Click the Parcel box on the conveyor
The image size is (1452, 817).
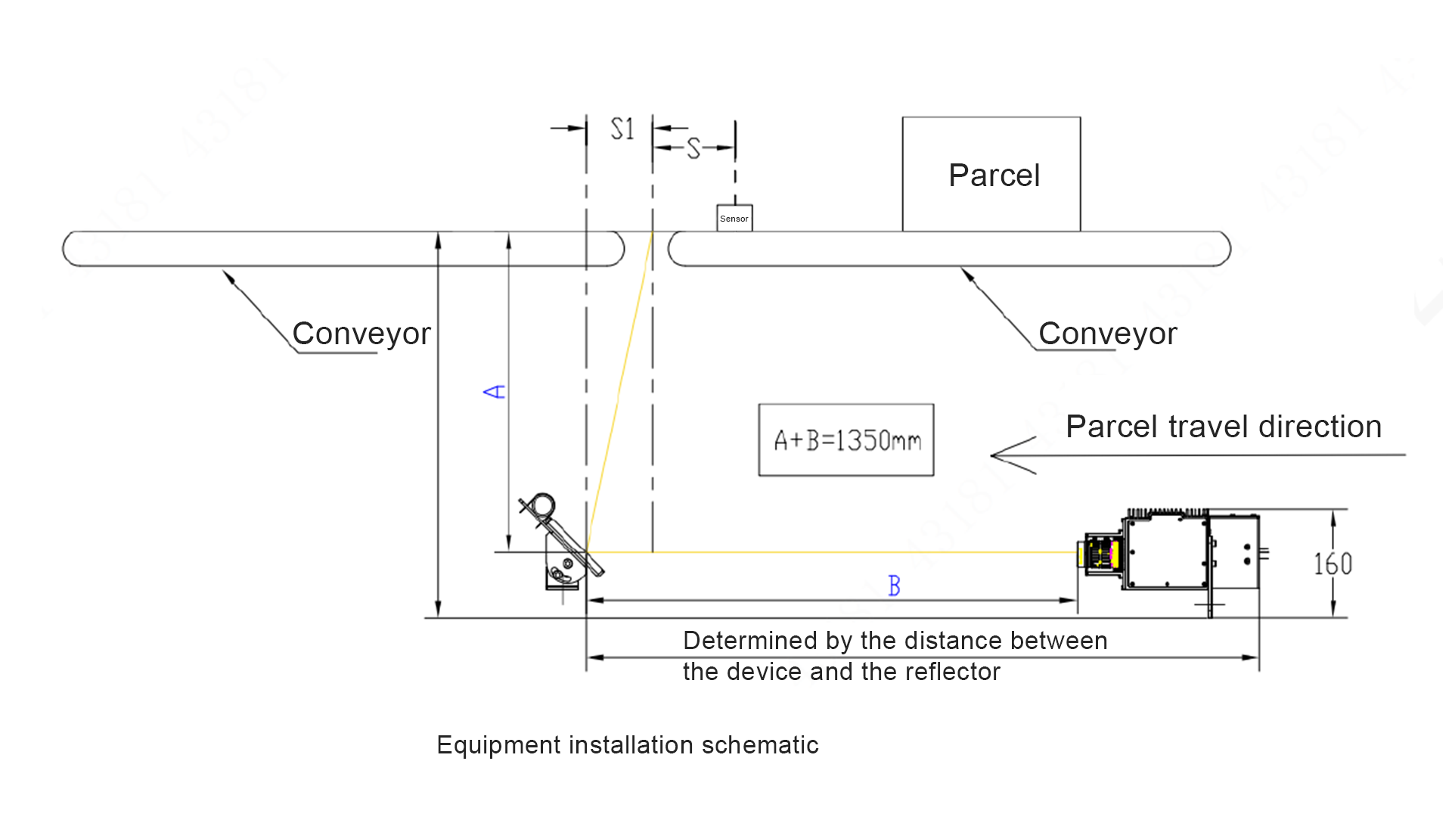click(991, 174)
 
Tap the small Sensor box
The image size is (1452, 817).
click(734, 218)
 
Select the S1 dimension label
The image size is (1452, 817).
click(622, 129)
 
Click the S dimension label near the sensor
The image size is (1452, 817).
click(693, 148)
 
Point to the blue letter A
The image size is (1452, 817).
click(494, 391)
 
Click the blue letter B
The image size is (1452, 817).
click(894, 586)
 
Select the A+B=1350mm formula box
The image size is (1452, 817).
click(846, 440)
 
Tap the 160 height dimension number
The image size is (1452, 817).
click(1333, 564)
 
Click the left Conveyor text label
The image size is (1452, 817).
click(361, 334)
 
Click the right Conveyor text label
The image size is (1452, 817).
click(1108, 334)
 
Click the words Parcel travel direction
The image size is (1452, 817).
click(1223, 427)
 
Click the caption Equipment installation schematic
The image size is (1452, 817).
click(627, 745)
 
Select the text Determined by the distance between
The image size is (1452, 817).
click(895, 641)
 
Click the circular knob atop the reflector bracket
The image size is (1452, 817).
click(542, 505)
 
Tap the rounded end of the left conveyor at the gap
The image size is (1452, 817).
click(616, 249)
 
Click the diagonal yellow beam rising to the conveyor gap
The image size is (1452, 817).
click(620, 390)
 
